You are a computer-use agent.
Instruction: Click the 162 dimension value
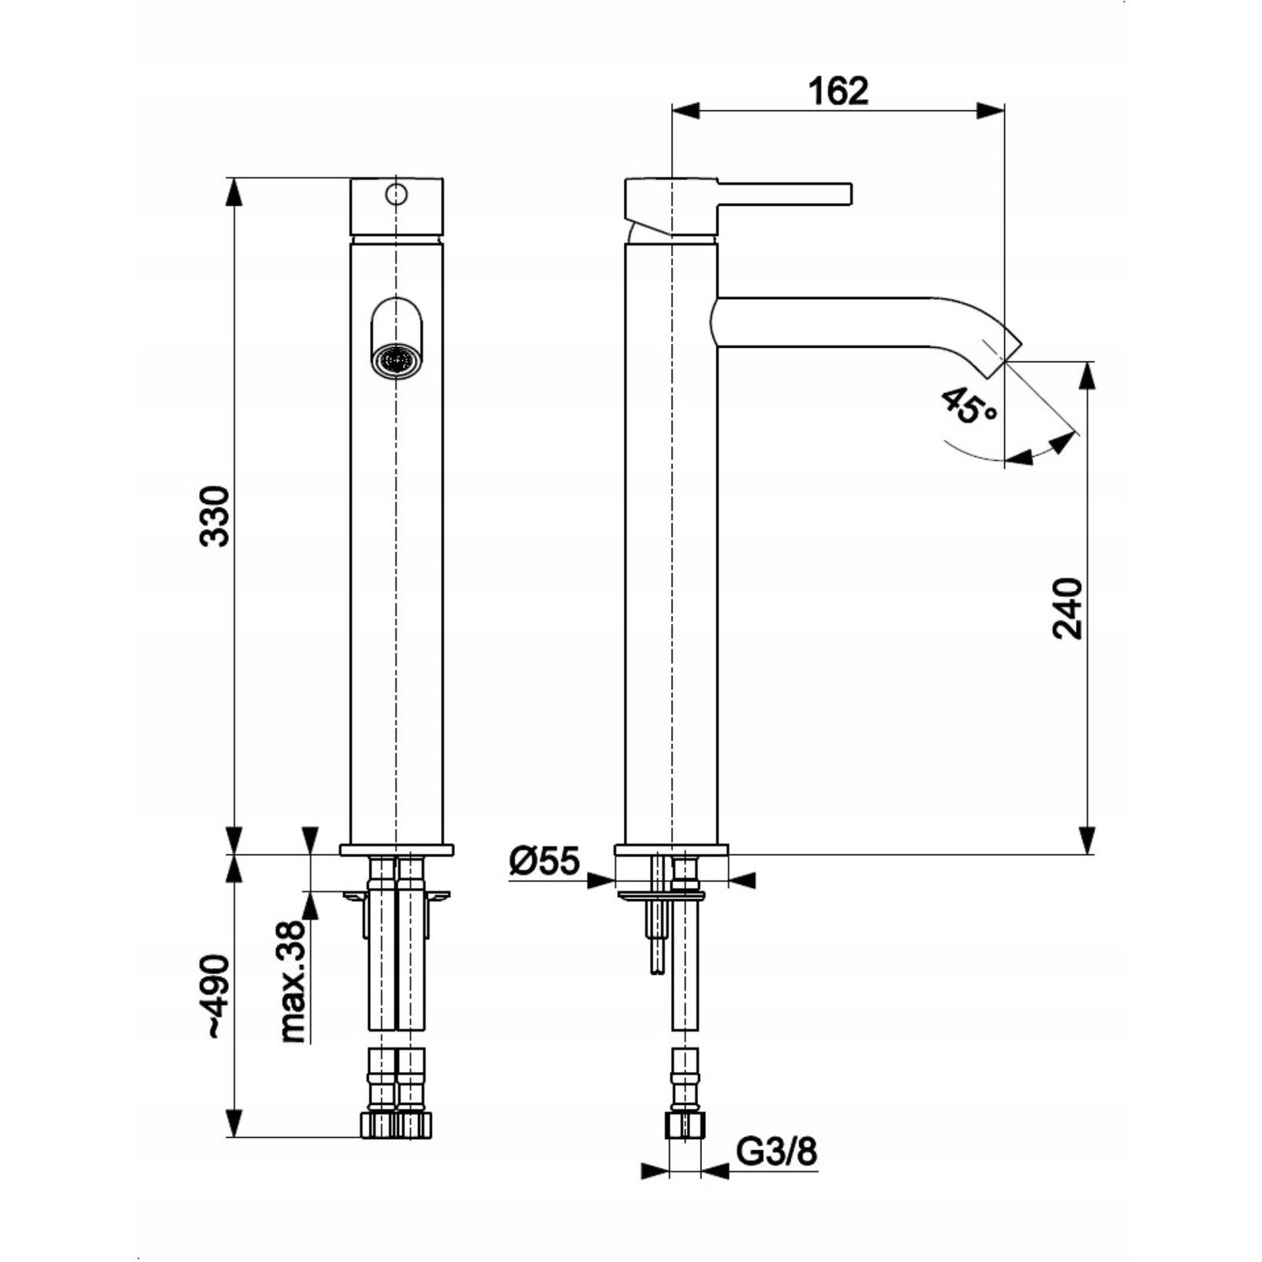tap(838, 91)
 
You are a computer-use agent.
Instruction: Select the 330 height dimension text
tap(215, 517)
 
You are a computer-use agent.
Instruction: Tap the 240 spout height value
tap(1069, 608)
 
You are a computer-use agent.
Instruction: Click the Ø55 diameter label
tap(545, 861)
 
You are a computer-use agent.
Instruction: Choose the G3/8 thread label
tap(777, 1152)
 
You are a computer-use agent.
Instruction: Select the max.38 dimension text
tap(293, 982)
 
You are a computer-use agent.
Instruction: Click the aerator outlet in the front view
tap(395, 361)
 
